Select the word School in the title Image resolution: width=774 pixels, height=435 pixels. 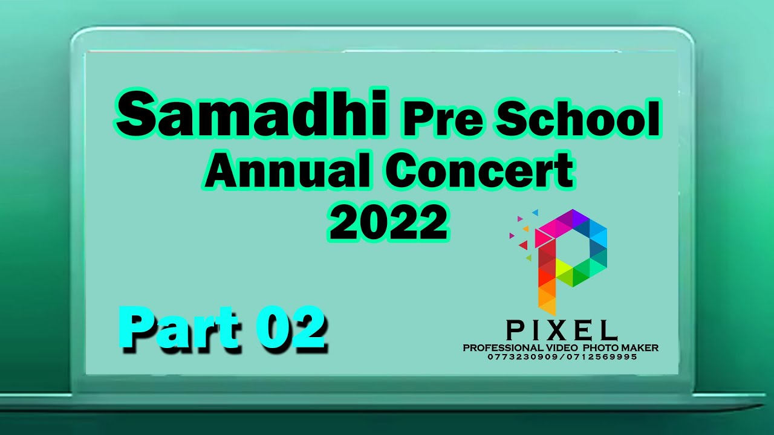point(577,120)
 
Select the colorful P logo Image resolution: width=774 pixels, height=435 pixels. point(565,260)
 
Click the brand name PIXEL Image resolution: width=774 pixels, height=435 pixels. point(562,330)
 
